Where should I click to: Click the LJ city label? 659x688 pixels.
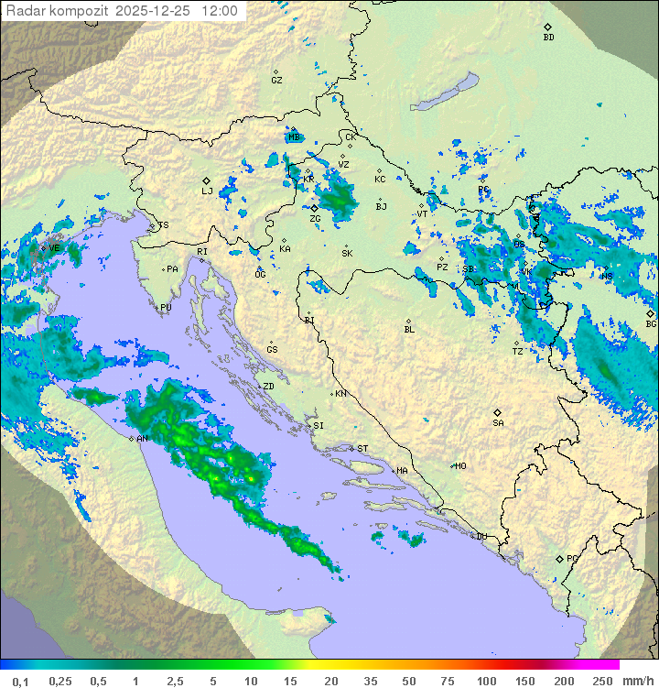click(207, 191)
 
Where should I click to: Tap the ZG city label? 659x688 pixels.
click(315, 218)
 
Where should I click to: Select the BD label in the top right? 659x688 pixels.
click(548, 38)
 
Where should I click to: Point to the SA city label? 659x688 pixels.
click(498, 422)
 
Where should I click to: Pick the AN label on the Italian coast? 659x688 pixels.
click(142, 439)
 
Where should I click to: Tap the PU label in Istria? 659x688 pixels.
click(166, 308)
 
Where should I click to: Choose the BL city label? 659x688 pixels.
click(409, 329)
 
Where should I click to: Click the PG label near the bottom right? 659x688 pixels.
click(572, 558)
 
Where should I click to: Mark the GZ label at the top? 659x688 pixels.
click(276, 80)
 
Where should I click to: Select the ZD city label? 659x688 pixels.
click(268, 387)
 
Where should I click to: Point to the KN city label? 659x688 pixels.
click(340, 393)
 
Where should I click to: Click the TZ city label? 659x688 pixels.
click(518, 351)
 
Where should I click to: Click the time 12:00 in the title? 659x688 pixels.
click(219, 11)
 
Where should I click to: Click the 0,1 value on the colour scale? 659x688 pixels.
click(20, 681)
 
